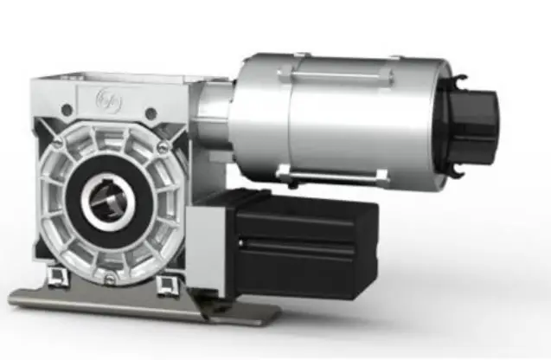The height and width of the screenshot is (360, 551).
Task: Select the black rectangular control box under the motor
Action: coord(307,244)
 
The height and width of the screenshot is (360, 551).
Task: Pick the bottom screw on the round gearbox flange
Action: coord(109,277)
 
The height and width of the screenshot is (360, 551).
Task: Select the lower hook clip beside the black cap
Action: coord(458,168)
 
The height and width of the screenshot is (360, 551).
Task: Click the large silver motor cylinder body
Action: coord(346,121)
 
